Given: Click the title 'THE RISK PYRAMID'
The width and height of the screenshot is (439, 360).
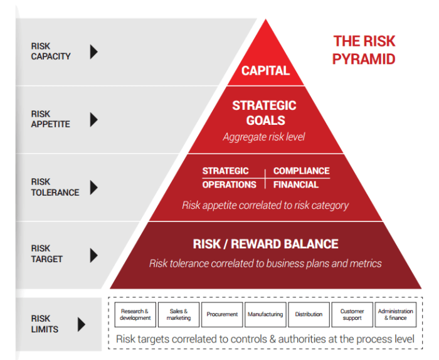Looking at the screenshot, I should pyautogui.click(x=364, y=50).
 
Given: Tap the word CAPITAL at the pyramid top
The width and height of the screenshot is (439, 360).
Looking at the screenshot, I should pyautogui.click(x=265, y=70).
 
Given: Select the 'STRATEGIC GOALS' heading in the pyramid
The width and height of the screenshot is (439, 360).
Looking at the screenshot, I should pyautogui.click(x=264, y=113).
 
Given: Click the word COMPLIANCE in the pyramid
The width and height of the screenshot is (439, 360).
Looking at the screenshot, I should pyautogui.click(x=301, y=171).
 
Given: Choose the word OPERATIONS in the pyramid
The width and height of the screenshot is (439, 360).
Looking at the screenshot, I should pyautogui.click(x=229, y=184).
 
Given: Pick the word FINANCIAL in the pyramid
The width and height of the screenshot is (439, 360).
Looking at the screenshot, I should pyautogui.click(x=296, y=184).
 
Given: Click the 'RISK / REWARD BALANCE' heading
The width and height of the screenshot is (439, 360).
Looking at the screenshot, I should pyautogui.click(x=265, y=244).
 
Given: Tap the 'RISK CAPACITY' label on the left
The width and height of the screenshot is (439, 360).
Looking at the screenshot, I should pyautogui.click(x=50, y=51).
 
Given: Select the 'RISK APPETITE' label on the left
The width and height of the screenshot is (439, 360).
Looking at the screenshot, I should pyautogui.click(x=50, y=119).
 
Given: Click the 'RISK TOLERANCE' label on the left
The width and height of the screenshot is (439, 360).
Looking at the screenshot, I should pyautogui.click(x=55, y=188).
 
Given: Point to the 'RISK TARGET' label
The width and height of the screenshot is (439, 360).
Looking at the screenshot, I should pyautogui.click(x=47, y=254).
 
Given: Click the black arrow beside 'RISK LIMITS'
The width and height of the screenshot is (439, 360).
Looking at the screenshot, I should pyautogui.click(x=82, y=324).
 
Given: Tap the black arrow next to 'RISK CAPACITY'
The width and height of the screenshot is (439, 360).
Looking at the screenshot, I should pyautogui.click(x=93, y=51).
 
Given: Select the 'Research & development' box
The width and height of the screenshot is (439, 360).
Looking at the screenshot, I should pyautogui.click(x=135, y=314).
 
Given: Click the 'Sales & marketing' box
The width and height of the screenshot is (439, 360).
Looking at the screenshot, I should pyautogui.click(x=178, y=314).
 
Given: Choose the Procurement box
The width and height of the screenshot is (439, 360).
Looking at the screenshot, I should pyautogui.click(x=222, y=314).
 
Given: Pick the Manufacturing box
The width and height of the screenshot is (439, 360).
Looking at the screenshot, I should pyautogui.click(x=265, y=314).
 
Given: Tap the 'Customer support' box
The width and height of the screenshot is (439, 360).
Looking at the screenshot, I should pyautogui.click(x=352, y=314).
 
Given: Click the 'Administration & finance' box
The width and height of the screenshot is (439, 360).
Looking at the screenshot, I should pyautogui.click(x=395, y=314).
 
